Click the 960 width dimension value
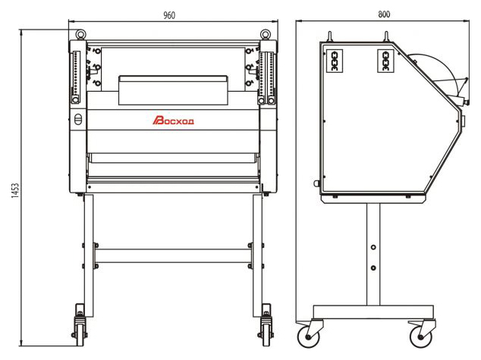(x=169, y=15)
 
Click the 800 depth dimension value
(x=384, y=14)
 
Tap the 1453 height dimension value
(x=15, y=190)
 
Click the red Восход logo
(x=173, y=121)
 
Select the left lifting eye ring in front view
(x=80, y=33)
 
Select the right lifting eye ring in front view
(x=265, y=33)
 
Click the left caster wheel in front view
(x=80, y=334)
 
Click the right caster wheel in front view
(x=266, y=334)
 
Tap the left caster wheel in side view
(x=308, y=337)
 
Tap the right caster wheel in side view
(x=420, y=337)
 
